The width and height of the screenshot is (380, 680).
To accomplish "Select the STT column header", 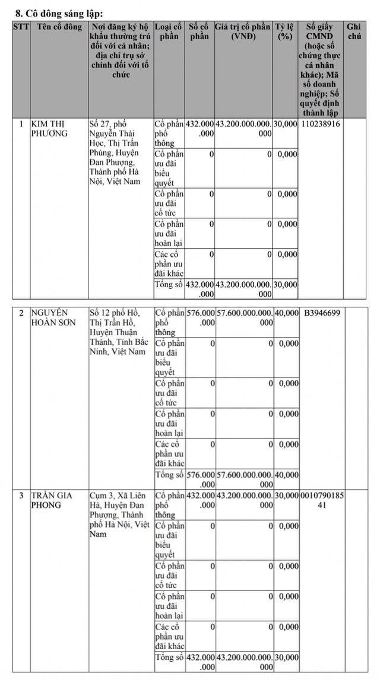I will [21, 27].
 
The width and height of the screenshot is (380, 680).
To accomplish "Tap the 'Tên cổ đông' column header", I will [59, 27].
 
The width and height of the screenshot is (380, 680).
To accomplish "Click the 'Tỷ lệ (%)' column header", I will [285, 32].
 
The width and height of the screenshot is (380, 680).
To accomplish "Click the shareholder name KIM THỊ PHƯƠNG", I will [50, 128].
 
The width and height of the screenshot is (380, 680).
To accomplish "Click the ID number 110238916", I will [320, 124].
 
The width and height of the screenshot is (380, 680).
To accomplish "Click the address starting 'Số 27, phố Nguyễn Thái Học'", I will [119, 152].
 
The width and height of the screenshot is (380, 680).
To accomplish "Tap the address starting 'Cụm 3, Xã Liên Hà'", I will [120, 514].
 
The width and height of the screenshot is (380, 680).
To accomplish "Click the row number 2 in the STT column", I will [21, 313].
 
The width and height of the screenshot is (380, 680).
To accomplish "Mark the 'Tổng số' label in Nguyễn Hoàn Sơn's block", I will [169, 475].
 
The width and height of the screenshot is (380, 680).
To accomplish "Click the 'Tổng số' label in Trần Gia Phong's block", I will [169, 658].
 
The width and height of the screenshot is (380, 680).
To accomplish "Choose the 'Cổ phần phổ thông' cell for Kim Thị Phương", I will [169, 134].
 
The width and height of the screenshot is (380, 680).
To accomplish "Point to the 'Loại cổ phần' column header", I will [169, 32].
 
